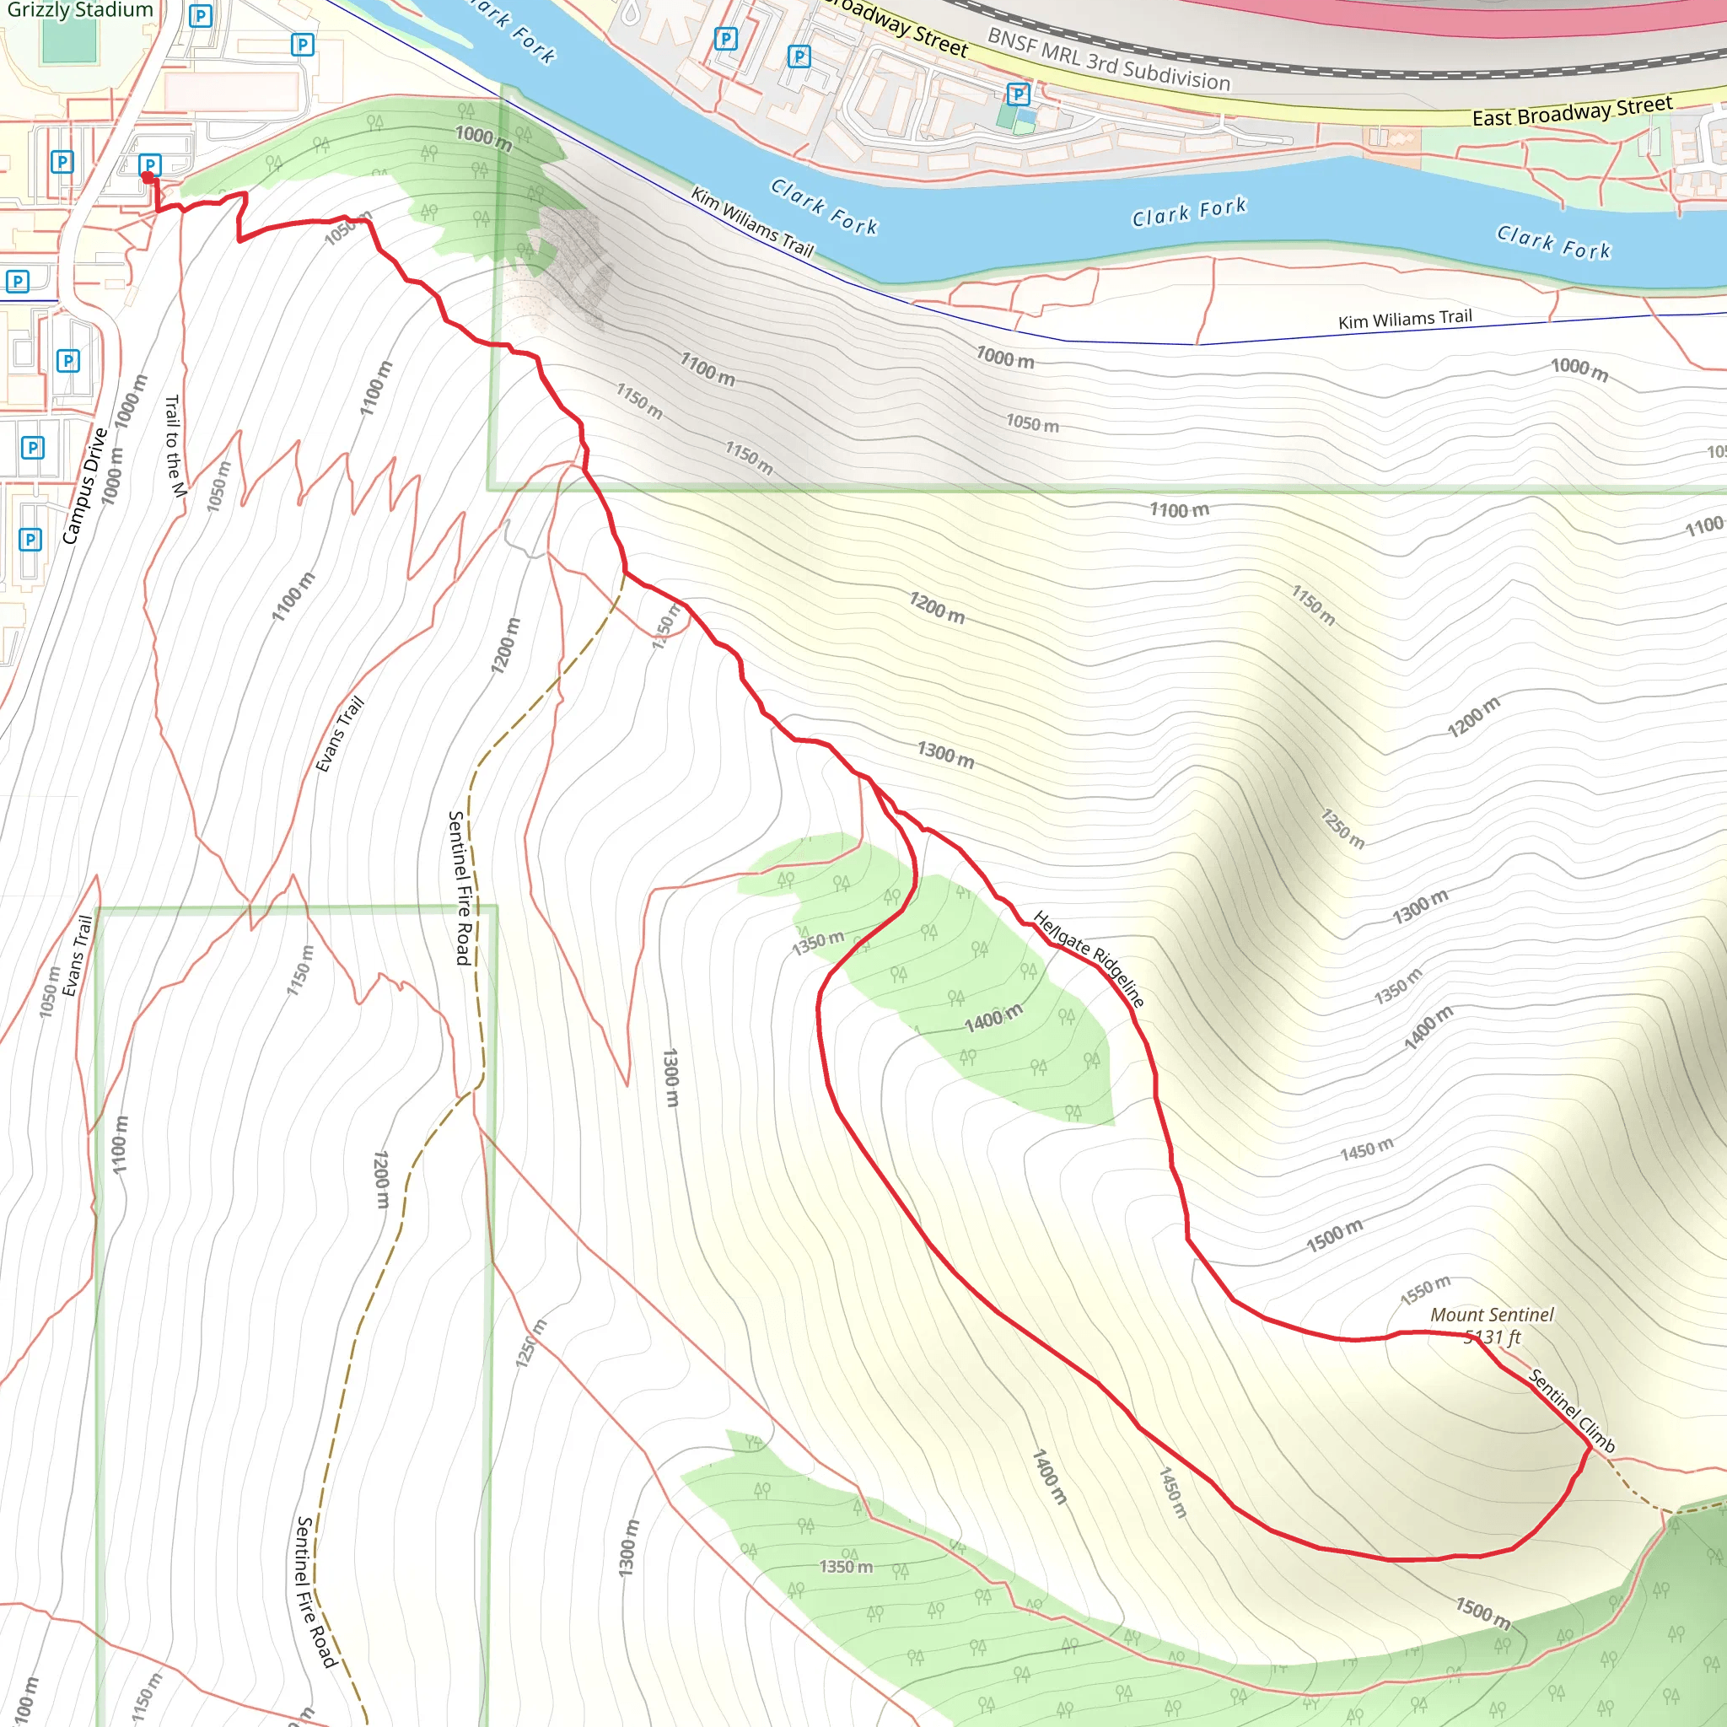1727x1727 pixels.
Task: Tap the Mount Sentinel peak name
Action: (1491, 1314)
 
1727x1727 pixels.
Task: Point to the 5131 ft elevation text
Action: (1492, 1337)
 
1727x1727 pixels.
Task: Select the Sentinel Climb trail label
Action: (1572, 1411)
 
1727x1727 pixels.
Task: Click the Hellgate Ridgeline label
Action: (1088, 958)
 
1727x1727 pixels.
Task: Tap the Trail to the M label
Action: (175, 445)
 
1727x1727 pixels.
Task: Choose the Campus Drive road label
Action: (85, 486)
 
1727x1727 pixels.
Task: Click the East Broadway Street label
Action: (1572, 110)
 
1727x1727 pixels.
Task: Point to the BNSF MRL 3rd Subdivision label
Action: (1108, 60)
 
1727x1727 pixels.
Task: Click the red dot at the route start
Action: (148, 178)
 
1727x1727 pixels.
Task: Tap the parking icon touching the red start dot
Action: (150, 164)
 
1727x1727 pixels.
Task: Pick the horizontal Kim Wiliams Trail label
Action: (1404, 318)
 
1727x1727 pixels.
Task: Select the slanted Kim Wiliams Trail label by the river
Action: (751, 222)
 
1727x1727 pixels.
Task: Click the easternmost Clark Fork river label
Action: (1553, 242)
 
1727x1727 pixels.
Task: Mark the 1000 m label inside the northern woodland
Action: (483, 137)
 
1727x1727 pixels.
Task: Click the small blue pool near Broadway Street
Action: (1026, 116)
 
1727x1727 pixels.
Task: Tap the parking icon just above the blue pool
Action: (1017, 94)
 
